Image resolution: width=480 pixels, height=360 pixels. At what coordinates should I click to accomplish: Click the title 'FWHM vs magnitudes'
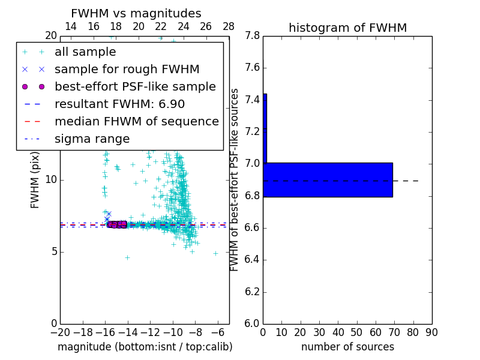[136, 13]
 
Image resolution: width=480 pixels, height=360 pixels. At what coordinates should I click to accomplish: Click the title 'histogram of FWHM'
[347, 28]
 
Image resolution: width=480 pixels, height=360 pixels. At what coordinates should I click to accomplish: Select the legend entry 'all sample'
[85, 52]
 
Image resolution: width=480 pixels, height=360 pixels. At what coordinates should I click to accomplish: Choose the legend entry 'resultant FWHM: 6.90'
[119, 104]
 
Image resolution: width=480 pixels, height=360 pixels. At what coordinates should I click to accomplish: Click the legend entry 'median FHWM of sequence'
[136, 122]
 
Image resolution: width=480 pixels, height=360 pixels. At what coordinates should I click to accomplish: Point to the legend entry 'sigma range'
[92, 139]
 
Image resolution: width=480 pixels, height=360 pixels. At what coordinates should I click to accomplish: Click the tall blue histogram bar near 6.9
[328, 179]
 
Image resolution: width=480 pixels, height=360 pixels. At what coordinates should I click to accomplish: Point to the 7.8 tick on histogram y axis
[252, 36]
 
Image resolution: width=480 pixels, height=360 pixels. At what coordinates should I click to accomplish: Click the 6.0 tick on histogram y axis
[252, 324]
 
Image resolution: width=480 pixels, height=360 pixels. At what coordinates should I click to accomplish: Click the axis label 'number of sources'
[347, 347]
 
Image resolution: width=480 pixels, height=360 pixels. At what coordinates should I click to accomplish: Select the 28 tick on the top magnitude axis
[229, 26]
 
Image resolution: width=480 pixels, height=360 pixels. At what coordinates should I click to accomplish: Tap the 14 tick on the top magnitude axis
[71, 26]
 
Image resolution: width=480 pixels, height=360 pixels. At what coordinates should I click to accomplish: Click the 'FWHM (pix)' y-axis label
[35, 179]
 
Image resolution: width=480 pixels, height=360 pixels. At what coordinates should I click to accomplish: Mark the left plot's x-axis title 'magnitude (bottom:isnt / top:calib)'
[145, 347]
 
